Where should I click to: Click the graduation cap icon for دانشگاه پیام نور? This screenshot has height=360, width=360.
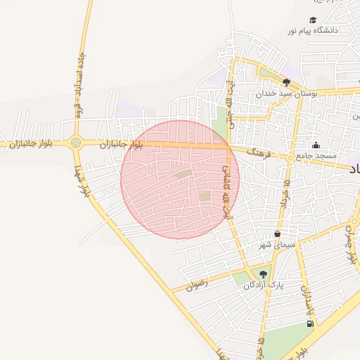click(313, 20)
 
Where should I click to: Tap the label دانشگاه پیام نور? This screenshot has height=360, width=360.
click(313, 31)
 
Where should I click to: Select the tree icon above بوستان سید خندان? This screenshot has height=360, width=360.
click(285, 82)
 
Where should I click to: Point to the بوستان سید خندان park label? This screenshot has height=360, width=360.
click(286, 93)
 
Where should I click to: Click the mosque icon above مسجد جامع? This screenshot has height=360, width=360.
click(316, 146)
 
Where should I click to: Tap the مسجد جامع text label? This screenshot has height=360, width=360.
click(316, 155)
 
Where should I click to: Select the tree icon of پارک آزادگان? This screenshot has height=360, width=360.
click(264, 274)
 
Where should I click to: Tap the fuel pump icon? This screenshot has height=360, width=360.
click(310, 323)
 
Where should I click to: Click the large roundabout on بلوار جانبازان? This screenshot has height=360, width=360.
click(76, 143)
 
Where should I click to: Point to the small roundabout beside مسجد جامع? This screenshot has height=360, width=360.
click(290, 158)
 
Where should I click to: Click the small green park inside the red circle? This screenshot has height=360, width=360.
click(204, 196)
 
